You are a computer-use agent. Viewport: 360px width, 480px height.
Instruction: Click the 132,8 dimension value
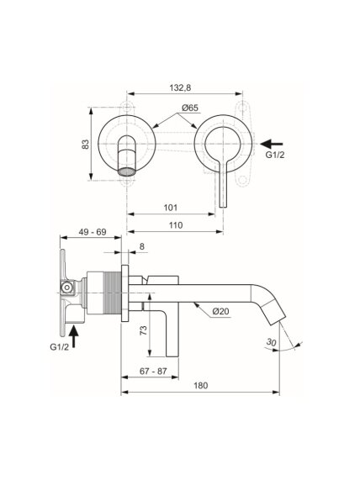[180, 88]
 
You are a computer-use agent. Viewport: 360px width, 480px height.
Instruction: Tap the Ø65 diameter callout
[189, 108]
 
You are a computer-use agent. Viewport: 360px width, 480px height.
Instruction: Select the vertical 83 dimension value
[86, 145]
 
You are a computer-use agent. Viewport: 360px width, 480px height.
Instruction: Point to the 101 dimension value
[171, 208]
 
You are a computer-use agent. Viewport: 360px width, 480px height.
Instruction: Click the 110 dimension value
[176, 225]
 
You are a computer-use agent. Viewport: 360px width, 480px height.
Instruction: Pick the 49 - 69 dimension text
[93, 232]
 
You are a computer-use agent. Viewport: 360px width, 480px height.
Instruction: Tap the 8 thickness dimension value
[142, 246]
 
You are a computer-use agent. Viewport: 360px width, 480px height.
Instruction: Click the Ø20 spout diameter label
[220, 311]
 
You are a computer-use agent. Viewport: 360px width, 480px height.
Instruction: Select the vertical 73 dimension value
[143, 330]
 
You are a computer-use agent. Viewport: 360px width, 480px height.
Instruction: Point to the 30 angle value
[271, 342]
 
